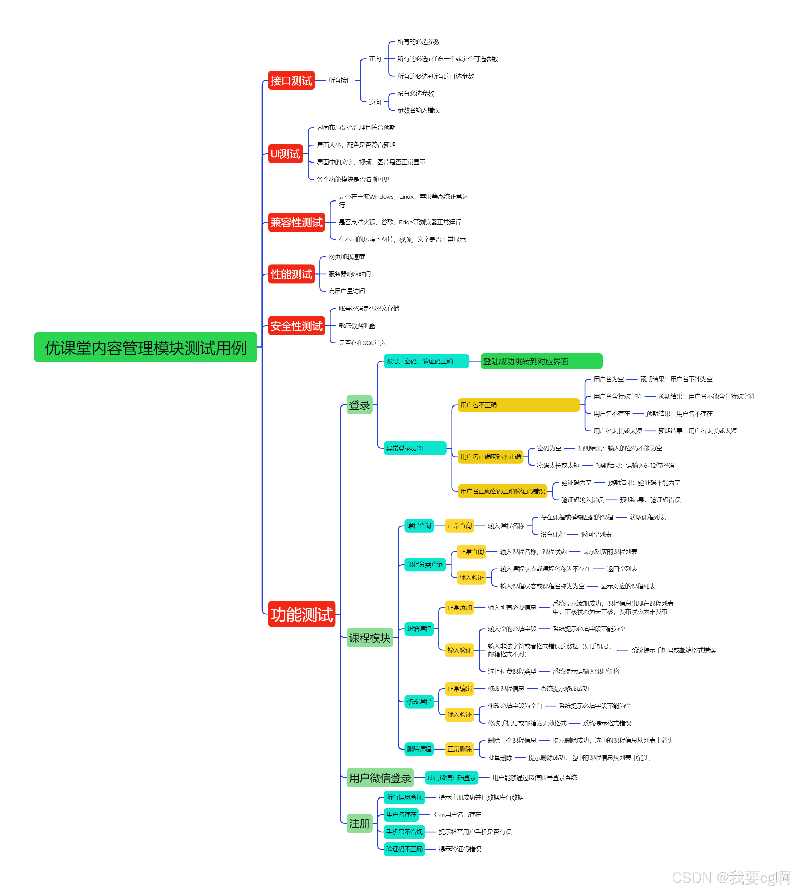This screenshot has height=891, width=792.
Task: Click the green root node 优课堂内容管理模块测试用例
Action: click(x=146, y=347)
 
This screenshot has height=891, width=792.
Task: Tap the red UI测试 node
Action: click(x=285, y=154)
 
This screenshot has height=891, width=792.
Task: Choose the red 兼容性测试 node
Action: click(x=296, y=222)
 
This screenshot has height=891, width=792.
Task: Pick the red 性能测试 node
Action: click(x=291, y=274)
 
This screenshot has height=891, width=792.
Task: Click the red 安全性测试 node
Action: click(x=296, y=326)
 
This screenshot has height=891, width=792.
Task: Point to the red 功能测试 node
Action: click(x=301, y=614)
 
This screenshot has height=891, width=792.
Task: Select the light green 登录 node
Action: click(x=359, y=405)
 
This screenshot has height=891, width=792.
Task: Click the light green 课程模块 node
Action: click(x=369, y=638)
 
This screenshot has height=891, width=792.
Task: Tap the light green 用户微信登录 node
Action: click(x=380, y=778)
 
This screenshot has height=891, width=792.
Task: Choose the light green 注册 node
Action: click(x=359, y=823)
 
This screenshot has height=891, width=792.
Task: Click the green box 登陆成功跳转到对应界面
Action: click(x=541, y=361)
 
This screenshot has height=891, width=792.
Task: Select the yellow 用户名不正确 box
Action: click(x=518, y=405)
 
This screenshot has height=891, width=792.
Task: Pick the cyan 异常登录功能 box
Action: click(x=415, y=448)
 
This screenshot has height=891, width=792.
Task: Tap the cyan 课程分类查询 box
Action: click(x=425, y=565)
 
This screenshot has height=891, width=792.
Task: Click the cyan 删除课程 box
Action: click(x=419, y=749)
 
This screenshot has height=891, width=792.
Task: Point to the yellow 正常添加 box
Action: click(x=459, y=608)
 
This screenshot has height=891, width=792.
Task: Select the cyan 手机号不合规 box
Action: click(x=404, y=832)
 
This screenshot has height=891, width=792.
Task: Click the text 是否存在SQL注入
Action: click(x=363, y=343)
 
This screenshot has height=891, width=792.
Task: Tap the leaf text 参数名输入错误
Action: click(x=418, y=110)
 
